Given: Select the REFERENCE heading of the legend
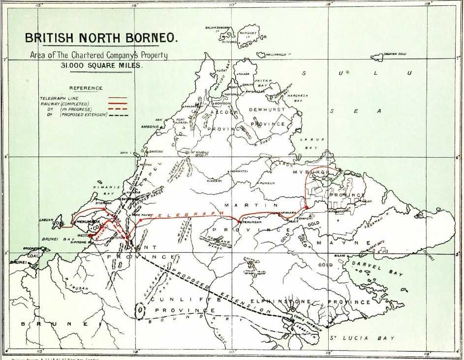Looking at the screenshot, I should coord(86,88).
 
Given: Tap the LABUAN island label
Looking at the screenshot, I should coord(45,220).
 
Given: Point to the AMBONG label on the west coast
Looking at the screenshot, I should coord(150,127).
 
